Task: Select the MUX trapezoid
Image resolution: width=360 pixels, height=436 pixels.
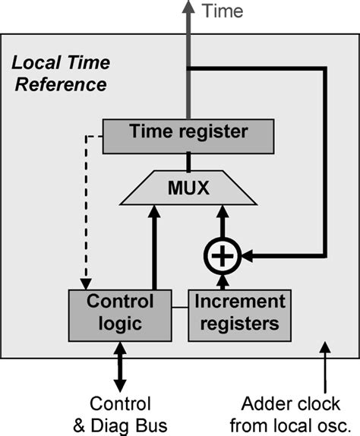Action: point(187,187)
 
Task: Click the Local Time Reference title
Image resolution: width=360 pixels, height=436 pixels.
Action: point(62,73)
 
